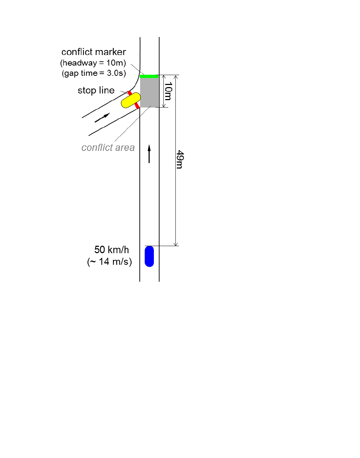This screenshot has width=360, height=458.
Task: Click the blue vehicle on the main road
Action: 149,256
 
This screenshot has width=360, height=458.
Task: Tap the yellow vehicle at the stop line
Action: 131,100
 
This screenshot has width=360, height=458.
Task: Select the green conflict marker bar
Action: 149,76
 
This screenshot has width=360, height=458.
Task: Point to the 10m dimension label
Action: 168,91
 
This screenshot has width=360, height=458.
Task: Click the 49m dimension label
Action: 180,160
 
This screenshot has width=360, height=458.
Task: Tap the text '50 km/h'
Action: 112,250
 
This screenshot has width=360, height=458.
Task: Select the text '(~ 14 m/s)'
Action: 109,262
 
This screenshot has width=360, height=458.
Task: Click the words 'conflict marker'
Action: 94,52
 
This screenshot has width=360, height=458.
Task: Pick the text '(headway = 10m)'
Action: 93,63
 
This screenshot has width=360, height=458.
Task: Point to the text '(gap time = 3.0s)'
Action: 94,73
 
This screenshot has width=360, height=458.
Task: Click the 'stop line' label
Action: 96,90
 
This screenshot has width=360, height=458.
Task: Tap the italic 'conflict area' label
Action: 108,147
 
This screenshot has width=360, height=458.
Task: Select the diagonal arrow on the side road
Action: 102,117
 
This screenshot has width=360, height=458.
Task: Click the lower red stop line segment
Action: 137,105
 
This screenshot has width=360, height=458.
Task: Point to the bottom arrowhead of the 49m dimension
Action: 176,244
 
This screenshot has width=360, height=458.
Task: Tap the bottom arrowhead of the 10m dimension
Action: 163,105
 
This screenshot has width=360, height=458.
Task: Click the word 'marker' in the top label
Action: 110,52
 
